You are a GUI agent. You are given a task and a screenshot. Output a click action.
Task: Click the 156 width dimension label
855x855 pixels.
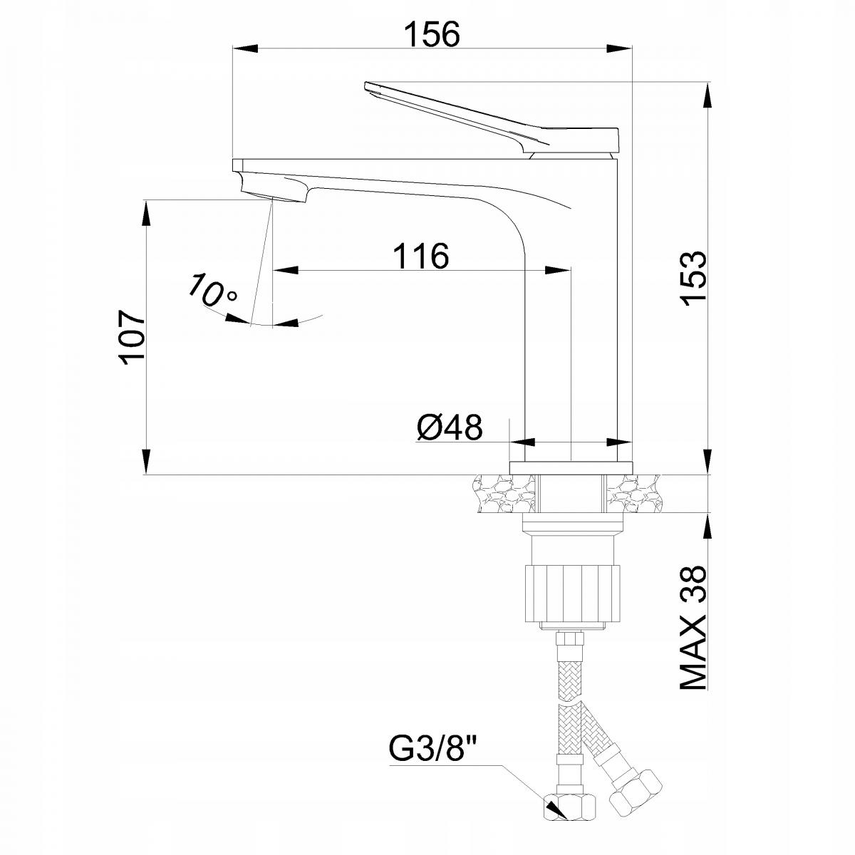432,33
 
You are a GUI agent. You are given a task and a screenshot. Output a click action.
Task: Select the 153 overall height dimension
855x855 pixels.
692,278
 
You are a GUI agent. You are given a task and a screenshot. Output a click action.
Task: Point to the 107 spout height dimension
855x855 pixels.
133,337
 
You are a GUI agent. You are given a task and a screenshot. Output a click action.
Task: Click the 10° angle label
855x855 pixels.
212,292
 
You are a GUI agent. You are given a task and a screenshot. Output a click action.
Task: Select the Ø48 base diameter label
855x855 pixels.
449,427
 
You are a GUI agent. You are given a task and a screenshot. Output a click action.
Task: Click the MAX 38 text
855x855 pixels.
692,627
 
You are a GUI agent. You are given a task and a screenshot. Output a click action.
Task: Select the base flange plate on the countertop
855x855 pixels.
571,467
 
